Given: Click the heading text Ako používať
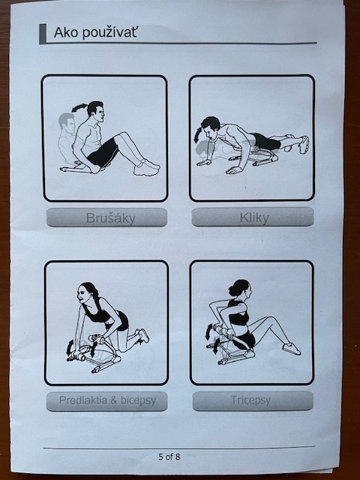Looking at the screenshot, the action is pyautogui.click(x=95, y=32).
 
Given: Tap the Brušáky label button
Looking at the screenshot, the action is pyautogui.click(x=106, y=217).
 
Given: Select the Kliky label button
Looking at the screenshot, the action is pyautogui.click(x=253, y=217).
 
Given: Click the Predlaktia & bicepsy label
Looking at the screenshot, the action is pyautogui.click(x=106, y=400).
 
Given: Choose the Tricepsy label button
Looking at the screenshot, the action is pyautogui.click(x=253, y=400).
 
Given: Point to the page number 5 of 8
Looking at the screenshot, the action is pyautogui.click(x=169, y=457).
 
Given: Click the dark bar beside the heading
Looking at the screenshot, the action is pyautogui.click(x=43, y=34).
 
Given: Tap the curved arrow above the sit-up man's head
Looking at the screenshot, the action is pyautogui.click(x=79, y=107).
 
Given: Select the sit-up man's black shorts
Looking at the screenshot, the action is pyautogui.click(x=103, y=152).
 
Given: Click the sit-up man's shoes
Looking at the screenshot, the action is pyautogui.click(x=147, y=168).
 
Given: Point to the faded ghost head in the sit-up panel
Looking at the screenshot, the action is pyautogui.click(x=67, y=123).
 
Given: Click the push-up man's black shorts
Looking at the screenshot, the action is pyautogui.click(x=265, y=142).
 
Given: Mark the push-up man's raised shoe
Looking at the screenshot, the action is pyautogui.click(x=304, y=145).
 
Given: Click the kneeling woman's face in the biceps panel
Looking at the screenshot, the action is pyautogui.click(x=83, y=295).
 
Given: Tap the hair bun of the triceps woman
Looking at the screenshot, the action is pyautogui.click(x=234, y=290).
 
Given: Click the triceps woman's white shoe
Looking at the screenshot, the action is pyautogui.click(x=291, y=349).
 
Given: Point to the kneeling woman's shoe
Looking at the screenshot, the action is pyautogui.click(x=143, y=336).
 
